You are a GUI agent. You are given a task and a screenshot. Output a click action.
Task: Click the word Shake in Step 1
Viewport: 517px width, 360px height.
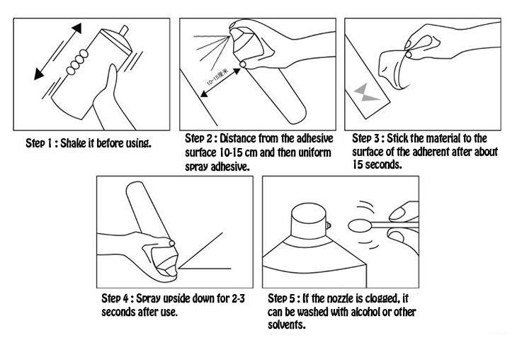coord(72,143)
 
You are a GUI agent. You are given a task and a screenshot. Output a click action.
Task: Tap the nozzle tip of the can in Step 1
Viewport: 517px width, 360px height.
coord(124,30)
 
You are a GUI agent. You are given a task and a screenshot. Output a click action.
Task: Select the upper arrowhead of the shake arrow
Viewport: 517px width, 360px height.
coord(76,28)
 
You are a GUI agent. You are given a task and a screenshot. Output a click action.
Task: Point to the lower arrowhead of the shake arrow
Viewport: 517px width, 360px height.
coord(38,74)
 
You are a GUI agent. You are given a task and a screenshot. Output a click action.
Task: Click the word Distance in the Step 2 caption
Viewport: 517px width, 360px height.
coord(238,138)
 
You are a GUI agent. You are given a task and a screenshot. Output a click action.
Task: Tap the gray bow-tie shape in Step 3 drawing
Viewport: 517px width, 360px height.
coord(366,92)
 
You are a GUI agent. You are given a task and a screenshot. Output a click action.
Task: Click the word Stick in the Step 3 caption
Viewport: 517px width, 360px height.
coord(397,138)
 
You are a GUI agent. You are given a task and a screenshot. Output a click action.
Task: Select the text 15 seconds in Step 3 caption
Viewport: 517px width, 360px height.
coord(377,164)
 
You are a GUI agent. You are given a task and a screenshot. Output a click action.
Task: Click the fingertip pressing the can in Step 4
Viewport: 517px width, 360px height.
coord(171,243)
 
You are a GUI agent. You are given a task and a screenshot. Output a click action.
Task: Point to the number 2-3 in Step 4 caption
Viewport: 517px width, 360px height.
coord(238,298)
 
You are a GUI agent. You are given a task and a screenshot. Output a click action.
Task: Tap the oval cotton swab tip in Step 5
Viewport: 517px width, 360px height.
coord(360,226)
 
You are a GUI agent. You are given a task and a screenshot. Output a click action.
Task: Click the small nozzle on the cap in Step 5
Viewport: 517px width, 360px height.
coord(328,225)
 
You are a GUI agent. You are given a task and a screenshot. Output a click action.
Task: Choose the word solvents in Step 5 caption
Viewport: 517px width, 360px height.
coord(286,325)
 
